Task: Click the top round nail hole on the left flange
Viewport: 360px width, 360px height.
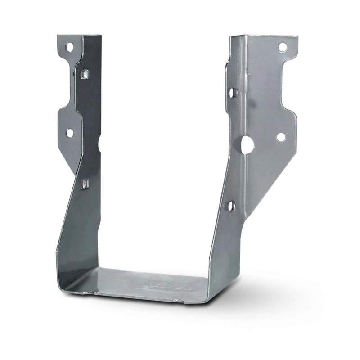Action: (69, 47)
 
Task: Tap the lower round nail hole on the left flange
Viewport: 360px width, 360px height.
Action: (70, 133)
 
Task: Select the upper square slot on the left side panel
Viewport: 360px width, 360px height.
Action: (85, 74)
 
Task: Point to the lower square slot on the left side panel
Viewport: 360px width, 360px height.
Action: (85, 184)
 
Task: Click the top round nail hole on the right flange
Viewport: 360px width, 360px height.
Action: (282, 47)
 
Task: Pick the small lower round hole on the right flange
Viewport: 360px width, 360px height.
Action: (280, 137)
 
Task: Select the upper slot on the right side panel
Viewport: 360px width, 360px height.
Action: (232, 93)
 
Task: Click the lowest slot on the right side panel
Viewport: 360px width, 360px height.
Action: (230, 206)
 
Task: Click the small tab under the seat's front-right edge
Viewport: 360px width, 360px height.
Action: (179, 301)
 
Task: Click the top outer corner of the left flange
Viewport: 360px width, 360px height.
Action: (58, 36)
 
